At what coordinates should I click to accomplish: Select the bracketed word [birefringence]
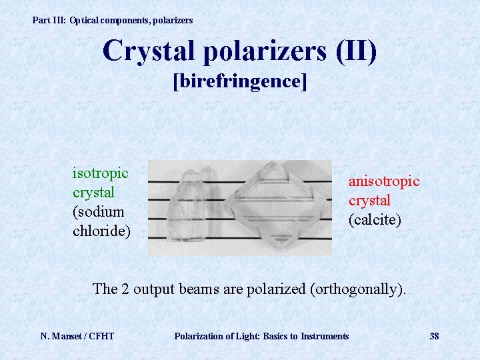pyautogui.click(x=240, y=81)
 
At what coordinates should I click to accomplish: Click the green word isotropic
pyautogui.click(x=100, y=173)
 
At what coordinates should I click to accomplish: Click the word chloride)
pyautogui.click(x=101, y=231)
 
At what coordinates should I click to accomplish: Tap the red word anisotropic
pyautogui.click(x=384, y=181)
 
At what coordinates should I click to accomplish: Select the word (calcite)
pyautogui.click(x=375, y=219)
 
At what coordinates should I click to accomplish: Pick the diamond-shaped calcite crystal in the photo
pyautogui.click(x=270, y=207)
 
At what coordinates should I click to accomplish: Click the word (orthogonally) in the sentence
pyautogui.click(x=358, y=289)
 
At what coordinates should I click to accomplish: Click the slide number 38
pyautogui.click(x=434, y=336)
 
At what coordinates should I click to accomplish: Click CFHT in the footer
pyautogui.click(x=100, y=336)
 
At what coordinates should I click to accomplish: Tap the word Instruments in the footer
pyautogui.click(x=325, y=336)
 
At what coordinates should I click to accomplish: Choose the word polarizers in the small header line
pyautogui.click(x=173, y=21)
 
